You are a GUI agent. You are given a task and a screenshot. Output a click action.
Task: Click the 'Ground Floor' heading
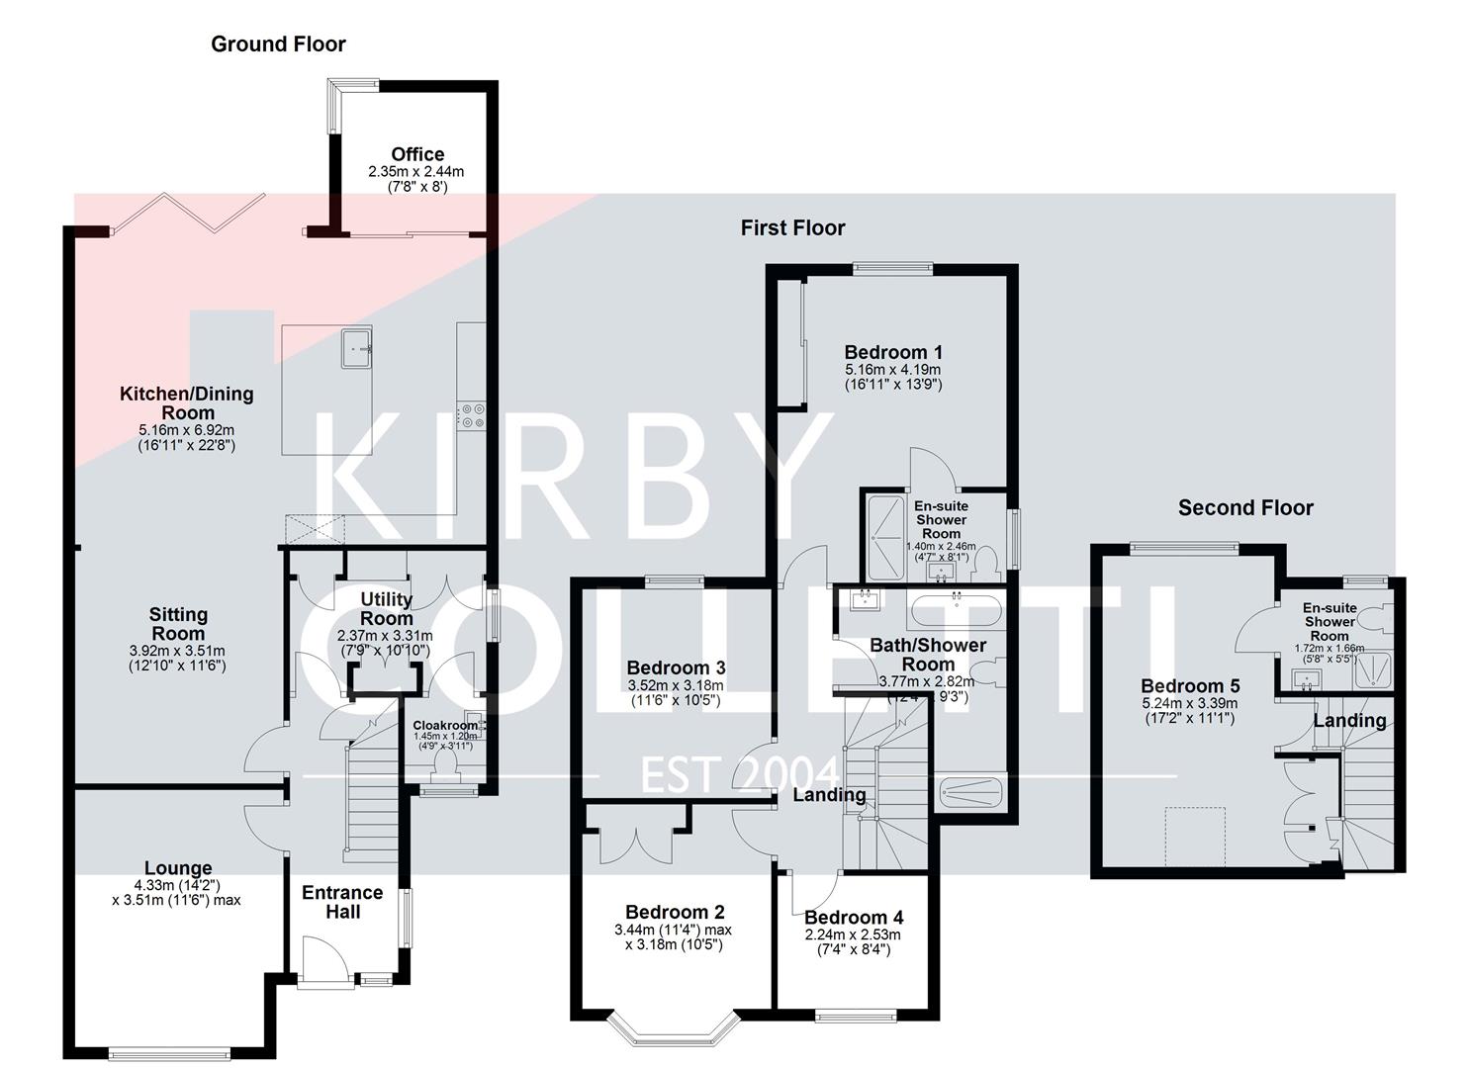278,44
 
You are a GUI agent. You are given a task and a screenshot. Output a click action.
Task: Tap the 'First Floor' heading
792,228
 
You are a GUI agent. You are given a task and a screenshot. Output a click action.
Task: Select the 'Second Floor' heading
1244,508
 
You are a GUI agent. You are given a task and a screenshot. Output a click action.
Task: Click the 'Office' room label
417,154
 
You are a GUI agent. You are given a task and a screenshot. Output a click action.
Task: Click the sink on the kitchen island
357,349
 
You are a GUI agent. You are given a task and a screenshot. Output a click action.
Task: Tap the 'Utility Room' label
386,608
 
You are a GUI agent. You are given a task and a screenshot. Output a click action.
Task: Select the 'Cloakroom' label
445,725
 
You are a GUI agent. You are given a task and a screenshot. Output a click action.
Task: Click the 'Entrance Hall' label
342,902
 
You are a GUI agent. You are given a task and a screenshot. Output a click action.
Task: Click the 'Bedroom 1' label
893,352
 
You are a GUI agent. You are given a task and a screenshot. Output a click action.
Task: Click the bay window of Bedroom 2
674,1028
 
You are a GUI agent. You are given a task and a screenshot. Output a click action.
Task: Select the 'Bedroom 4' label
853,918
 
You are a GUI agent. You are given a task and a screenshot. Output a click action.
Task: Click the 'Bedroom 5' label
1190,686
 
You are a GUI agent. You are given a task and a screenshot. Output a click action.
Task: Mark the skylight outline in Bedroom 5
1195,838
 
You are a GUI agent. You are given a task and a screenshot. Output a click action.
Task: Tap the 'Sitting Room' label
178,624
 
